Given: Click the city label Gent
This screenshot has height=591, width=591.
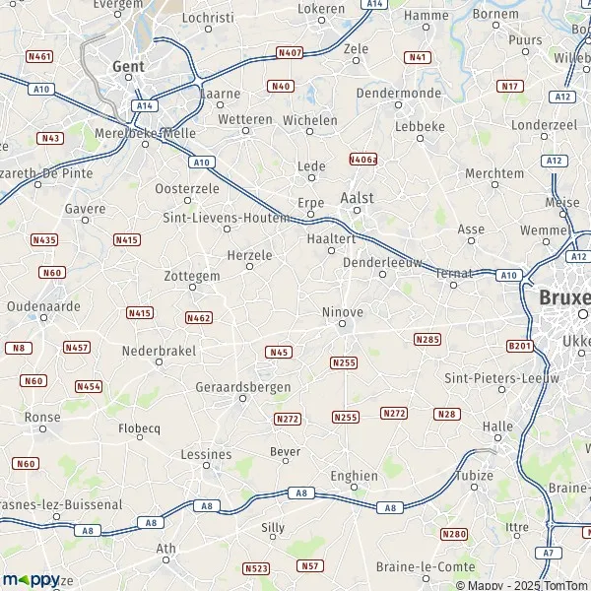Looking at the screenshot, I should coord(129,67).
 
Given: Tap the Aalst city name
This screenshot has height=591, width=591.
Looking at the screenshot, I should coord(357,197).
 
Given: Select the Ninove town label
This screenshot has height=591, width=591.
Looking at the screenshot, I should coord(343,312).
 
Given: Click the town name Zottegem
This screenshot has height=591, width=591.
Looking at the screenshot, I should coord(192,277).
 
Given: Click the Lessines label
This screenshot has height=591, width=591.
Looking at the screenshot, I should coord(207,455).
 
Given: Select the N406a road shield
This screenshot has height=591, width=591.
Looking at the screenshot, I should coord(363,158).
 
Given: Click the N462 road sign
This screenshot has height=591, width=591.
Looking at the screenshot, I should coord(198,317).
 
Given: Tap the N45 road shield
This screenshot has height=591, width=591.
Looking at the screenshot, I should coord(279,352).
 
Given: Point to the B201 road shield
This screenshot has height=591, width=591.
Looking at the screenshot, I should coord(519,346).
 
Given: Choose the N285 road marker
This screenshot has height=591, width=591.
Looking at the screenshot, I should coord(427,339).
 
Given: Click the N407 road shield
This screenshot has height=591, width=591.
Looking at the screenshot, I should coord(290,52).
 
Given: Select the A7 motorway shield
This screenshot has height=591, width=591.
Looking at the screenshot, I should coord(549,555).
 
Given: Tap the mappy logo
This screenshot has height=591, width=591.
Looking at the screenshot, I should coord(31,579).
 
